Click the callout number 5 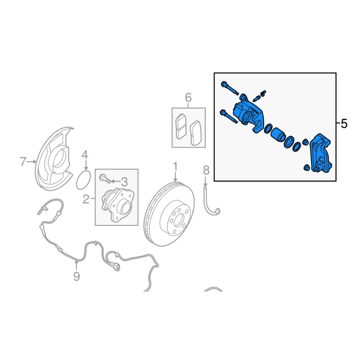344,124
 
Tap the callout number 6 188,98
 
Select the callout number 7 23,162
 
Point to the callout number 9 76,276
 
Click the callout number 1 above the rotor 175,166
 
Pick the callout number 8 206,171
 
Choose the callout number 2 86,199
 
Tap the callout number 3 124,182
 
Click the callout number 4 85,155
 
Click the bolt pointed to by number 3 105,179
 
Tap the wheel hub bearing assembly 117,204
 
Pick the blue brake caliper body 249,114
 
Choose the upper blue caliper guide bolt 229,88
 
